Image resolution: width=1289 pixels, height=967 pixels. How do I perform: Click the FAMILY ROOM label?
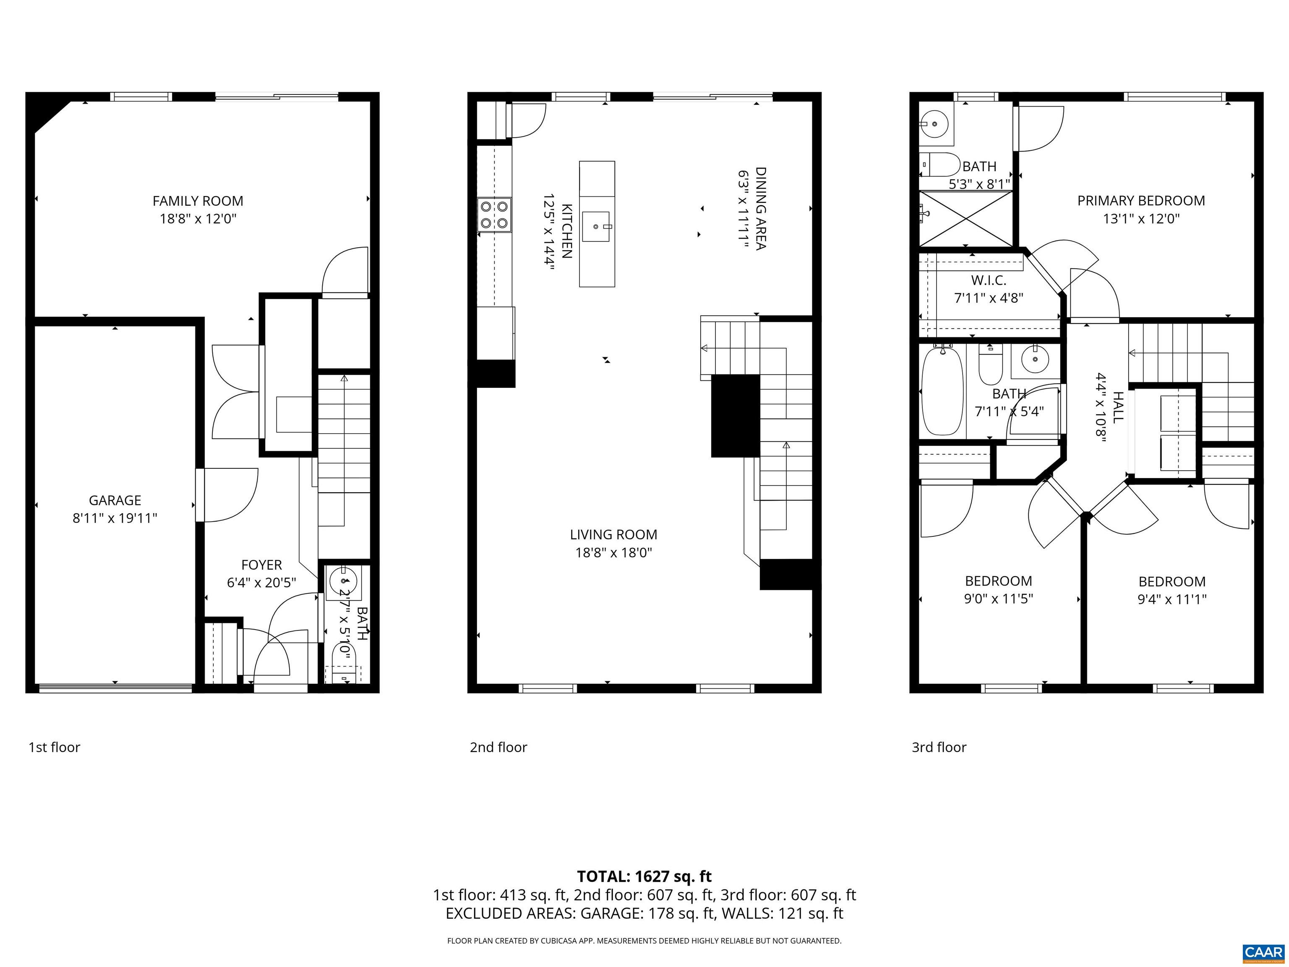click(198, 201)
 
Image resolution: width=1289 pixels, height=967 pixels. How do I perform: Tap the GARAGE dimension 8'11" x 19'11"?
click(115, 518)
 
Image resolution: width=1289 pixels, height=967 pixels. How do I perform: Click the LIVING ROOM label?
click(613, 535)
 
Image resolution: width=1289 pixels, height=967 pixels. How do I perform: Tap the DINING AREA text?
click(760, 209)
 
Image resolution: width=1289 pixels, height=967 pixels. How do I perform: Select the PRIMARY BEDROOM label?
click(1140, 201)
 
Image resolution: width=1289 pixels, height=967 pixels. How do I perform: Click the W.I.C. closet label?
click(988, 280)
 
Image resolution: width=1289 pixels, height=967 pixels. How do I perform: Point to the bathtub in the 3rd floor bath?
click(942, 390)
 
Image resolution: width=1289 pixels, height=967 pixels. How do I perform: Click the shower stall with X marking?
click(965, 219)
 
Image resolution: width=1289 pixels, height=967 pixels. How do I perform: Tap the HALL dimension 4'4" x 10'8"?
click(1101, 408)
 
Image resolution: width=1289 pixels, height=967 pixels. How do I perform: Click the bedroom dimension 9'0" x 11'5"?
click(998, 598)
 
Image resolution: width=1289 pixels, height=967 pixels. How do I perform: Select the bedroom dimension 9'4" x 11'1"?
click(1171, 599)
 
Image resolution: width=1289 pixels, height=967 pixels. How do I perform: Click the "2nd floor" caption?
click(498, 747)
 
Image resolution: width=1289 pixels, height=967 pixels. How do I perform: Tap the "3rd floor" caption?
click(939, 747)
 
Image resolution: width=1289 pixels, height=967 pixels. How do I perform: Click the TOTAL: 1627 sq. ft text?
click(644, 876)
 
